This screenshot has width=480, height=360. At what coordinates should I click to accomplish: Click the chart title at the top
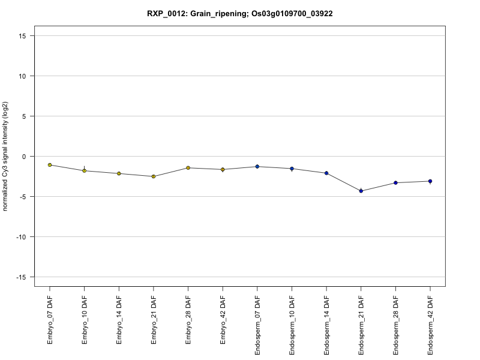[240, 13]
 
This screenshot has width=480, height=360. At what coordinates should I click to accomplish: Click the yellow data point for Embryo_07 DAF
[50, 165]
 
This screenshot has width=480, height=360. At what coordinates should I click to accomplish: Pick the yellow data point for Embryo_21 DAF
[154, 176]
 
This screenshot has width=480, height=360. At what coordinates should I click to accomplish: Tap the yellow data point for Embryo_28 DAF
[188, 168]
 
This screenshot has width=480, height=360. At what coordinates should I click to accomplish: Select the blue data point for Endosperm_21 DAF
[361, 191]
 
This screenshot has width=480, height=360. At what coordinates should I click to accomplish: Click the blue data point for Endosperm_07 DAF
[257, 166]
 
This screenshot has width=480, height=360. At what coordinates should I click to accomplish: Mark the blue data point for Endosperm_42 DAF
[430, 181]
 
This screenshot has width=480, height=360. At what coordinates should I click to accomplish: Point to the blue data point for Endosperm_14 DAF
[326, 173]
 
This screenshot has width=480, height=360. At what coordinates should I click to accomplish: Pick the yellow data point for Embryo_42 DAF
[223, 169]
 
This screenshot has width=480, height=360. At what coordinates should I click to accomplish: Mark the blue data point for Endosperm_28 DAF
[395, 182]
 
